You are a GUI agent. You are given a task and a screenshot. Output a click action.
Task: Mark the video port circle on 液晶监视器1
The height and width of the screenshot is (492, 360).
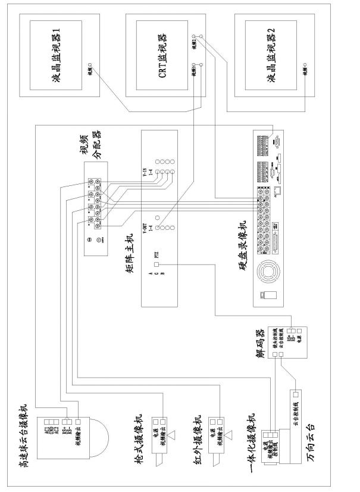tap(89, 64)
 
